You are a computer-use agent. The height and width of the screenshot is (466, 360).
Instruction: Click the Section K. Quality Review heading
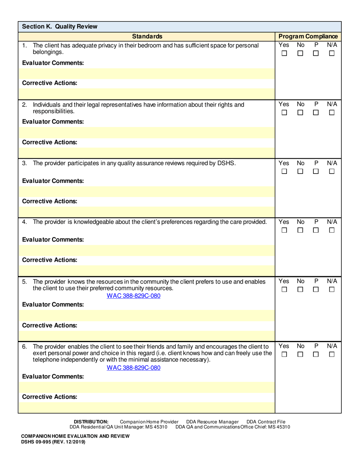pos(59,27)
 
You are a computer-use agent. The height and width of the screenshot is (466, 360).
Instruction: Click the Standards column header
pos(147,36)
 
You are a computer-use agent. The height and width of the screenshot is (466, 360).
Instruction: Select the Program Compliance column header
pos(308,36)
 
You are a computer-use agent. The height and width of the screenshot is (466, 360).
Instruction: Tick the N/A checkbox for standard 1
pos(332,54)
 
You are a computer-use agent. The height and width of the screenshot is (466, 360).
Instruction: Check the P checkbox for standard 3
pos(316,172)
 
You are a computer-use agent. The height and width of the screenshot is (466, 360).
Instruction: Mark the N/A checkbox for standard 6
pos(332,355)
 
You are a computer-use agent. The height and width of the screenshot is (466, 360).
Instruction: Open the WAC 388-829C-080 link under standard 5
pos(133,296)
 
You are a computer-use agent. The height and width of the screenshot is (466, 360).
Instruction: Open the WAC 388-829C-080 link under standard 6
pos(133,367)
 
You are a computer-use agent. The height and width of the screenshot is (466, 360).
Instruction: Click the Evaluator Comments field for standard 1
pos(146,73)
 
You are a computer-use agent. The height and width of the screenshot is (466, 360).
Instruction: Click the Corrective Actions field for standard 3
pos(146,211)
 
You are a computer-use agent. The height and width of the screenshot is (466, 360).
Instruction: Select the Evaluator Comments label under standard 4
pos(53,240)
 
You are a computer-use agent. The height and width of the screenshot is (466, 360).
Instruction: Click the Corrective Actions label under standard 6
pos(50,397)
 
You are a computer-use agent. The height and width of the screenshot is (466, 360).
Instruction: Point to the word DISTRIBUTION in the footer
pos(91,422)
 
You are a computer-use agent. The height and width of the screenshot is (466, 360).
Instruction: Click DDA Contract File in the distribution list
pos(266,422)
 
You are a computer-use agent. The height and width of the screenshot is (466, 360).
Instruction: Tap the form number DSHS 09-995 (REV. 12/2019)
pos(53,442)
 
